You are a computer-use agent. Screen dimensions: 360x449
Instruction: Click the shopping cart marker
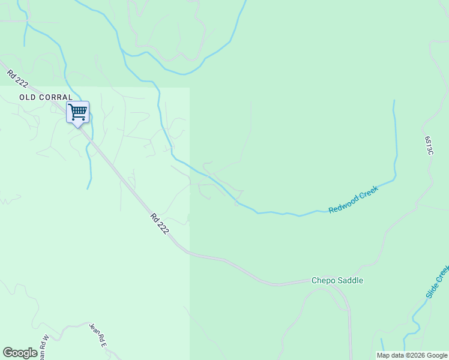click(77, 112)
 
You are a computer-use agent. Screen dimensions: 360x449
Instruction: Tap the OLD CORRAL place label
click(46, 97)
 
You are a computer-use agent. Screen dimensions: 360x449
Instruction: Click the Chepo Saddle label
click(337, 280)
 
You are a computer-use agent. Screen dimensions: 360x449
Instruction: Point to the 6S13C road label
click(429, 146)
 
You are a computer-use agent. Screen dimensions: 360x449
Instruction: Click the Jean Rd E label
click(97, 335)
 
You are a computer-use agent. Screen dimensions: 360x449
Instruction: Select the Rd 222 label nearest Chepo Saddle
click(159, 224)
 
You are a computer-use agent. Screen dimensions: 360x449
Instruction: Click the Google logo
click(20, 353)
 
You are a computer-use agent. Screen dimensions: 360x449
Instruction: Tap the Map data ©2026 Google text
click(412, 355)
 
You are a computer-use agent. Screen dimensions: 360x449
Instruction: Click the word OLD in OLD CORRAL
click(27, 97)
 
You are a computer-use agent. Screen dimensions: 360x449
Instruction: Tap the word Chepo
click(322, 280)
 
